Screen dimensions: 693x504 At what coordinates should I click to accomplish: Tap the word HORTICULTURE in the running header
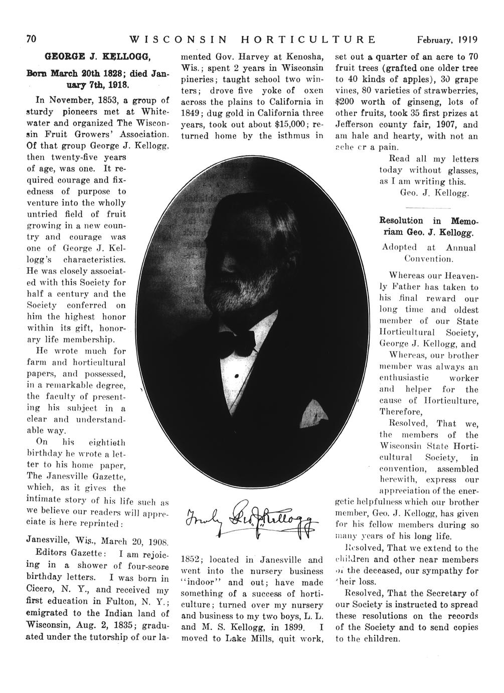coord(308,40)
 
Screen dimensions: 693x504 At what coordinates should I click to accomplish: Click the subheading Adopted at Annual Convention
coord(429,253)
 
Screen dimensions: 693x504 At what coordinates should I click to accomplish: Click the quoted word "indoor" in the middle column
coord(201,583)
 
